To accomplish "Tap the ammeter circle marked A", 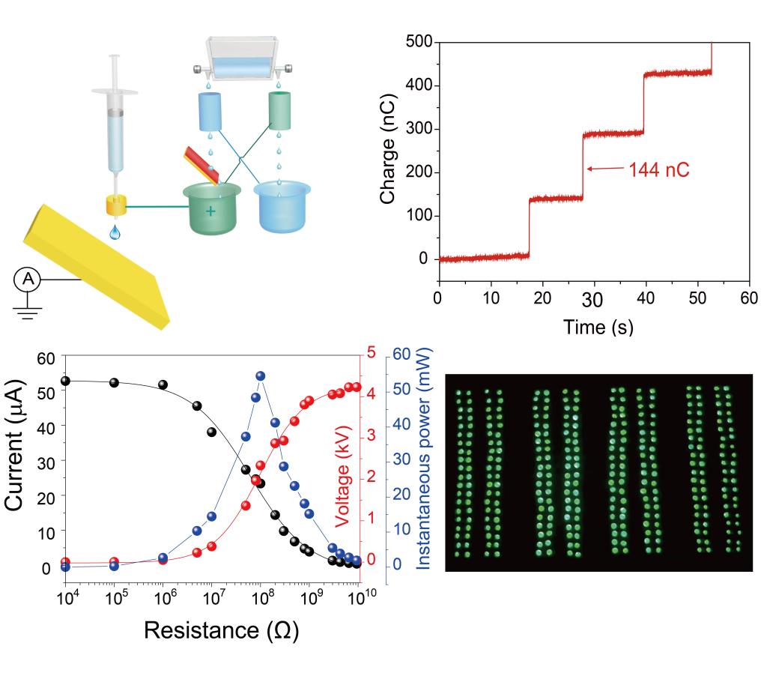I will click(x=28, y=280).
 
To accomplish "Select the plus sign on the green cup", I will click(x=210, y=211).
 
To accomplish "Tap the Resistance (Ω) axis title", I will click(x=221, y=630).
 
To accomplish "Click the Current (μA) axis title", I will click(x=16, y=445).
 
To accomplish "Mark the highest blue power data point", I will click(x=261, y=376).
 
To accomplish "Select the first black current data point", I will click(x=66, y=381).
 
